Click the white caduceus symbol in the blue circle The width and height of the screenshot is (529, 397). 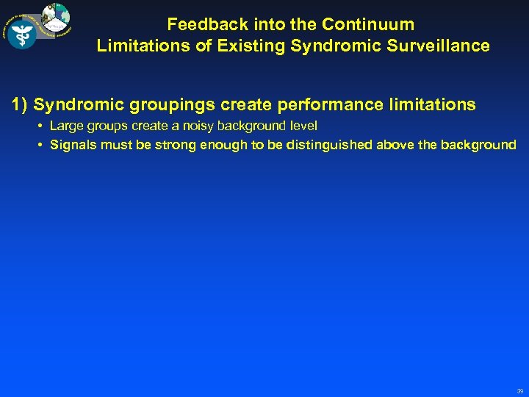pos(21,33)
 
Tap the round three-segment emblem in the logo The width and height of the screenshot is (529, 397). pos(56,17)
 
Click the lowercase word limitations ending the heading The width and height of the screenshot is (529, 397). pos(432,104)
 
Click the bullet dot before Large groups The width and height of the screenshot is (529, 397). pos(39,126)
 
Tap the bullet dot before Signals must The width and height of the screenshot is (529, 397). pos(39,145)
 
